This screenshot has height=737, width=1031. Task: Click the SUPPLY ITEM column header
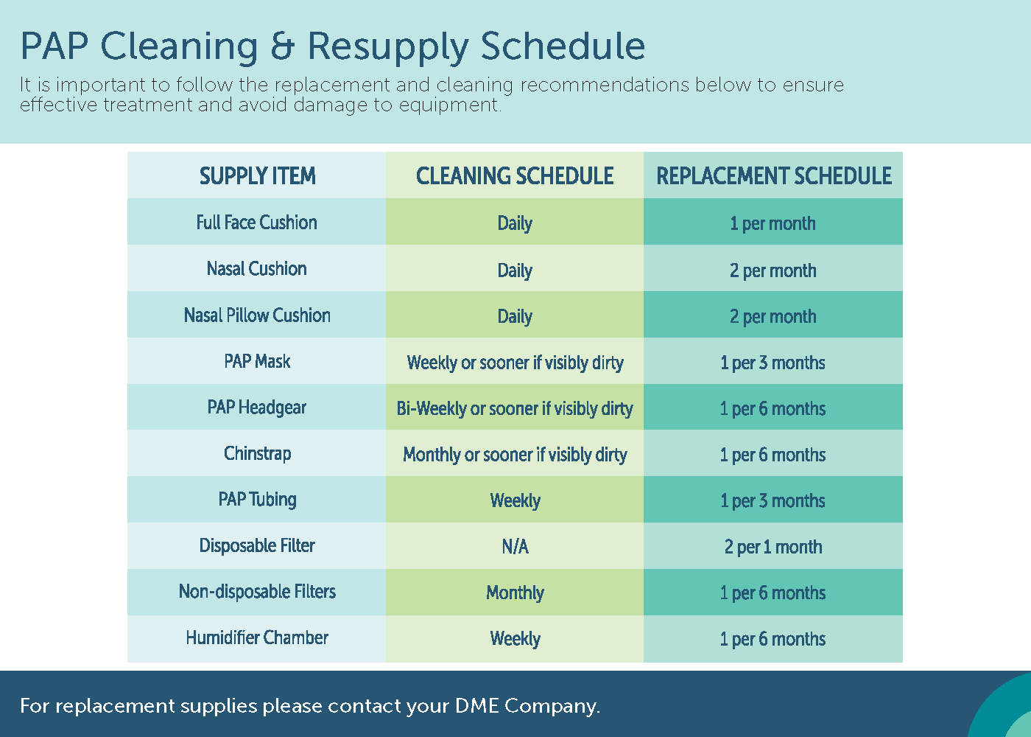(x=257, y=176)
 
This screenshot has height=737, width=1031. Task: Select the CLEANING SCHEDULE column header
(x=515, y=176)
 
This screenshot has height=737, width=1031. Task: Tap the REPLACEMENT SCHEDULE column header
(x=774, y=176)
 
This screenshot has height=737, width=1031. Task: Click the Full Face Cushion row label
(x=257, y=223)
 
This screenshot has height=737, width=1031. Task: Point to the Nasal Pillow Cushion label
(x=257, y=315)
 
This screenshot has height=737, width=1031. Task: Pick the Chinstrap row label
(x=257, y=454)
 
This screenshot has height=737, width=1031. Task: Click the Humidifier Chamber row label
(x=257, y=638)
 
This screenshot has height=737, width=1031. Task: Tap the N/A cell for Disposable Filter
(x=515, y=547)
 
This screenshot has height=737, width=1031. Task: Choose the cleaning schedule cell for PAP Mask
(x=515, y=363)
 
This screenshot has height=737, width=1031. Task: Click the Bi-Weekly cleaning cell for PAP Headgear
(x=515, y=408)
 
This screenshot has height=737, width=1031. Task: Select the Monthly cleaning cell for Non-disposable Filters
(x=515, y=593)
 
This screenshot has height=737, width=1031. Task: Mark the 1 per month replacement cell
(x=773, y=224)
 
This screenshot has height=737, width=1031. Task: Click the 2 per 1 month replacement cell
(x=773, y=547)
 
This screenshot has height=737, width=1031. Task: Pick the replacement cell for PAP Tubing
(x=773, y=500)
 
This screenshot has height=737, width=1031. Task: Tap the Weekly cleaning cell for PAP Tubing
(x=515, y=500)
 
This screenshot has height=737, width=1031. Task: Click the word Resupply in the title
(x=388, y=48)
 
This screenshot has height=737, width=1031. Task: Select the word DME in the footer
(x=477, y=706)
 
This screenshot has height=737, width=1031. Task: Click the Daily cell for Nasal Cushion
(x=515, y=270)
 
